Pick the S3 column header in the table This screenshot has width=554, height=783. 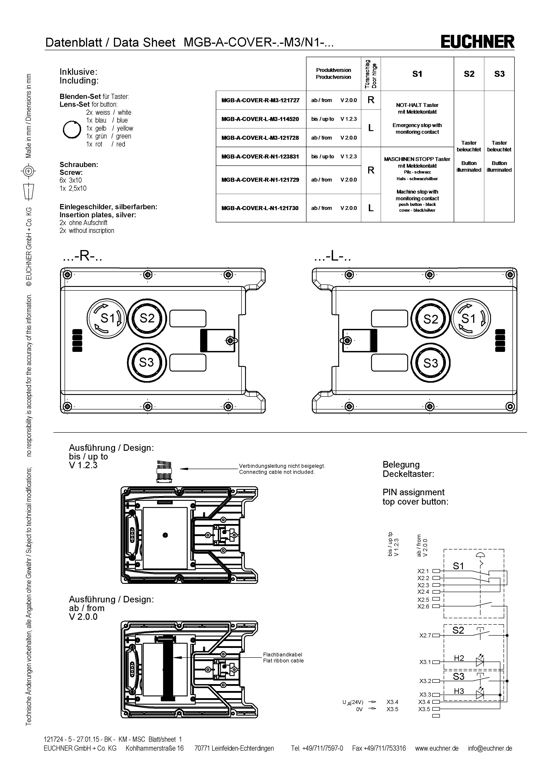[x=499, y=74]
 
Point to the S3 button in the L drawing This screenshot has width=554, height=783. [x=430, y=363]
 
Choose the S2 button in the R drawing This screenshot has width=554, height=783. [x=147, y=318]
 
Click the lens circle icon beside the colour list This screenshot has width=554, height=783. [x=72, y=129]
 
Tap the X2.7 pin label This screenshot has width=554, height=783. [x=425, y=635]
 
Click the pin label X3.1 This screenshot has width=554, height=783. [x=425, y=662]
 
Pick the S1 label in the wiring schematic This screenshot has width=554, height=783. [x=458, y=566]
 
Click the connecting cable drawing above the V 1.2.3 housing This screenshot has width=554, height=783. [x=164, y=471]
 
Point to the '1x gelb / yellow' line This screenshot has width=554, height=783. [x=109, y=128]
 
